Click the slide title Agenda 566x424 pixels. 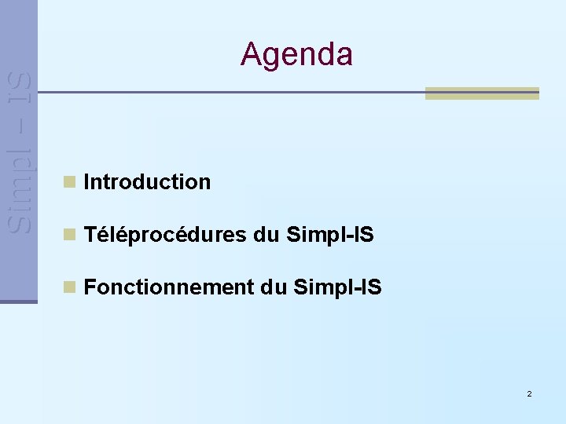coord(296,54)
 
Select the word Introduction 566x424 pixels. coord(147,182)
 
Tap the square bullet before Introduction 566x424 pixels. coord(70,182)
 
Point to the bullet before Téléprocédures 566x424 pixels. coord(70,234)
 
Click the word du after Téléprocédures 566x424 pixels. coord(267,235)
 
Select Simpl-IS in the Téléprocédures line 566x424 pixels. coord(330,235)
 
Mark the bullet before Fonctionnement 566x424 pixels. coord(70,287)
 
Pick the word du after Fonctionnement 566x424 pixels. coord(274,287)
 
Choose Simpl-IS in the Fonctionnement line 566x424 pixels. coord(337,287)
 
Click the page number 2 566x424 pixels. coord(529,393)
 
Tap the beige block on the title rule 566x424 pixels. coord(482,93)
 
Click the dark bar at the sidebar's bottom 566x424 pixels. coord(19,301)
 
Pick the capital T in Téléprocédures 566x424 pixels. coord(90,235)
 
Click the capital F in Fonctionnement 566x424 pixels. coord(90,287)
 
